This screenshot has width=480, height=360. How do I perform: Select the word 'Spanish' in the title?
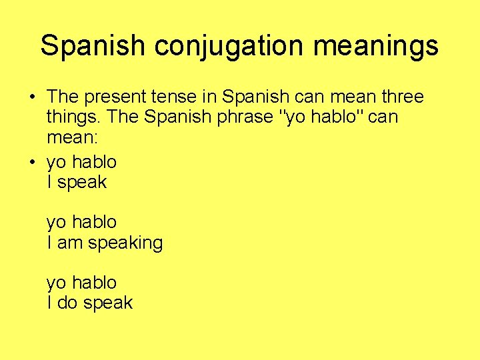pos(92,46)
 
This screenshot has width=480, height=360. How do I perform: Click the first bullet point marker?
pos(32,97)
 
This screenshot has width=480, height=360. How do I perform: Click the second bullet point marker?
pos(32,162)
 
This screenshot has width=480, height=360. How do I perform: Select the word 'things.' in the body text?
pos(73,117)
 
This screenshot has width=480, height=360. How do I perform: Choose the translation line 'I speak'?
pos(77,182)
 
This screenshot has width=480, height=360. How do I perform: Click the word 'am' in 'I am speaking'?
pos(70,243)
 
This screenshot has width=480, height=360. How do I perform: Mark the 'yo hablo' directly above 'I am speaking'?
pos(81,222)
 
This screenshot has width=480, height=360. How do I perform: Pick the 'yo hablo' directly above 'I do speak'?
pos(81,283)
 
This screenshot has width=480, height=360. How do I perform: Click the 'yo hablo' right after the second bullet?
pos(81,162)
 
